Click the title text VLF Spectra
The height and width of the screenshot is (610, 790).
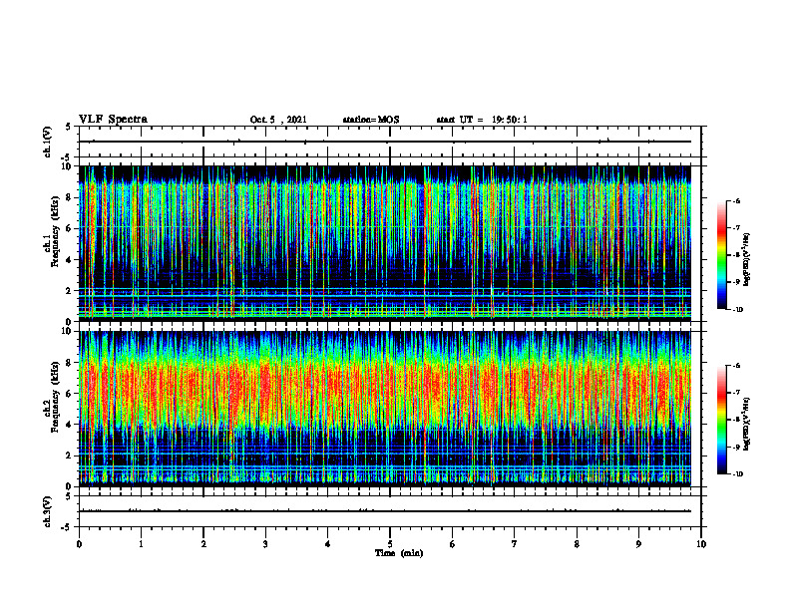(113, 120)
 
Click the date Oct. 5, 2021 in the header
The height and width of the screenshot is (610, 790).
(278, 121)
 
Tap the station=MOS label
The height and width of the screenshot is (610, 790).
(370, 121)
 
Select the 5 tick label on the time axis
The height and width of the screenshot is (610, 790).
(390, 543)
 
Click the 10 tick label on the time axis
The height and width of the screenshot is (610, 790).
(701, 543)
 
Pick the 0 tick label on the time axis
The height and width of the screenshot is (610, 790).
(79, 543)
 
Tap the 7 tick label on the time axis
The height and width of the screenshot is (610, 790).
(515, 543)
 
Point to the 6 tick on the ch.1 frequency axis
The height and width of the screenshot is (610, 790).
(68, 228)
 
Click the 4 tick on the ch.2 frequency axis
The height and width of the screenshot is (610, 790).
(68, 425)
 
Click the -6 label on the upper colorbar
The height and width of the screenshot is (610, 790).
(737, 201)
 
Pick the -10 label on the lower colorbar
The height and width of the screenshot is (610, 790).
(738, 474)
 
